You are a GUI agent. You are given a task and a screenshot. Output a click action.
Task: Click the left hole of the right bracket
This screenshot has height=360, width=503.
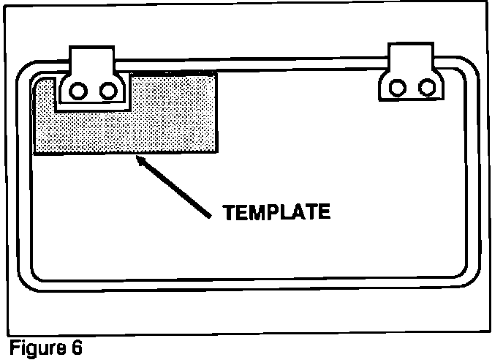click(x=396, y=88)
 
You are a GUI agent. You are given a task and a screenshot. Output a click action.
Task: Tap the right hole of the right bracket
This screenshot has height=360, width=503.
click(x=426, y=88)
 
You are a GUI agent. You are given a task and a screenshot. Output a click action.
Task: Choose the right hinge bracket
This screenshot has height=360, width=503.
click(x=412, y=77)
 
